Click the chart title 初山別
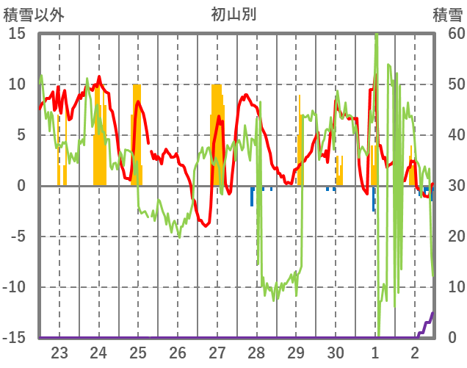coord(233,14)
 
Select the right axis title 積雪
coord(446,14)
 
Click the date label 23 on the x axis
coord(59,352)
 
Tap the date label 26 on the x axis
coord(178,352)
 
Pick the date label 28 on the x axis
coord(256,352)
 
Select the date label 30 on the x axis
coord(336,352)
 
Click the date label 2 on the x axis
coord(415,352)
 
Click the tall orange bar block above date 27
coord(217,132)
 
